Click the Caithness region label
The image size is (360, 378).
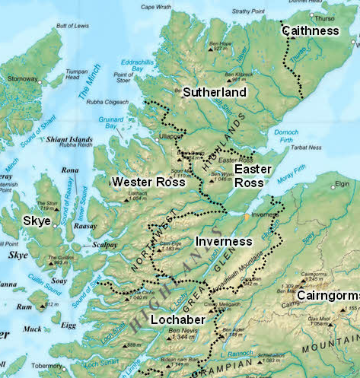(x=311, y=31)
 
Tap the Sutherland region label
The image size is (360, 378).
(x=215, y=92)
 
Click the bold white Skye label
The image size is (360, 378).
(x=36, y=221)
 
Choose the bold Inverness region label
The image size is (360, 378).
(x=223, y=241)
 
